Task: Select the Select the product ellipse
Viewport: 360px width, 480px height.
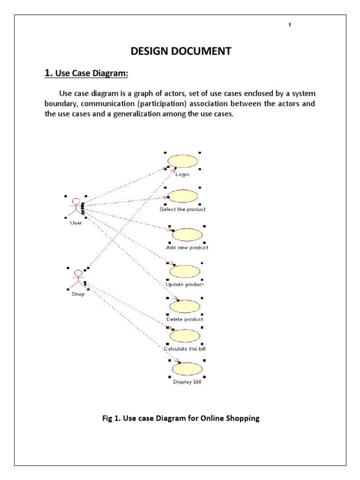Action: pyautogui.click(x=182, y=196)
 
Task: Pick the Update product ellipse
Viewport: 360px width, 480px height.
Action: pyautogui.click(x=185, y=271)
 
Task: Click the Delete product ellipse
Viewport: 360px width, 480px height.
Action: pyautogui.click(x=185, y=307)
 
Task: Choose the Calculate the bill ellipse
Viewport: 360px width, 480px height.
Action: pyautogui.click(x=185, y=336)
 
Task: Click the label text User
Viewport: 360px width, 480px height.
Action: pyautogui.click(x=76, y=223)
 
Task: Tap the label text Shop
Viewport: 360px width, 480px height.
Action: pyautogui.click(x=78, y=294)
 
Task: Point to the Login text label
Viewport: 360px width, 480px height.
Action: pyautogui.click(x=182, y=175)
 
